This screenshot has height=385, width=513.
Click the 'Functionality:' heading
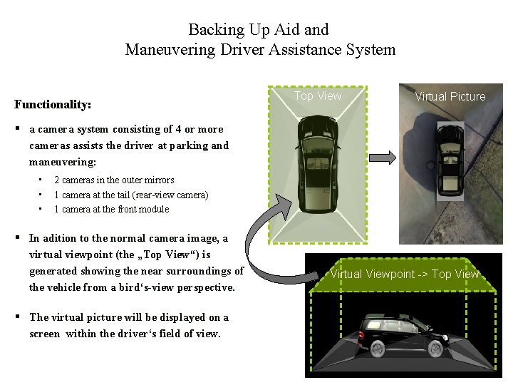click(x=53, y=105)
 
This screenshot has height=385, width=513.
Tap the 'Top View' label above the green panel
click(x=318, y=96)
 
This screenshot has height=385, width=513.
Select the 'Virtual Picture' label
click(x=450, y=96)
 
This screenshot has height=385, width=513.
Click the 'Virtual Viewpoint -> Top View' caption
click(x=404, y=274)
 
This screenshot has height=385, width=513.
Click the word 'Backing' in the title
click(x=215, y=30)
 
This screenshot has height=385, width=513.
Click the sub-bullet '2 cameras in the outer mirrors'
click(x=114, y=180)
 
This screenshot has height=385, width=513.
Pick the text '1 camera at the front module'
click(x=112, y=209)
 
